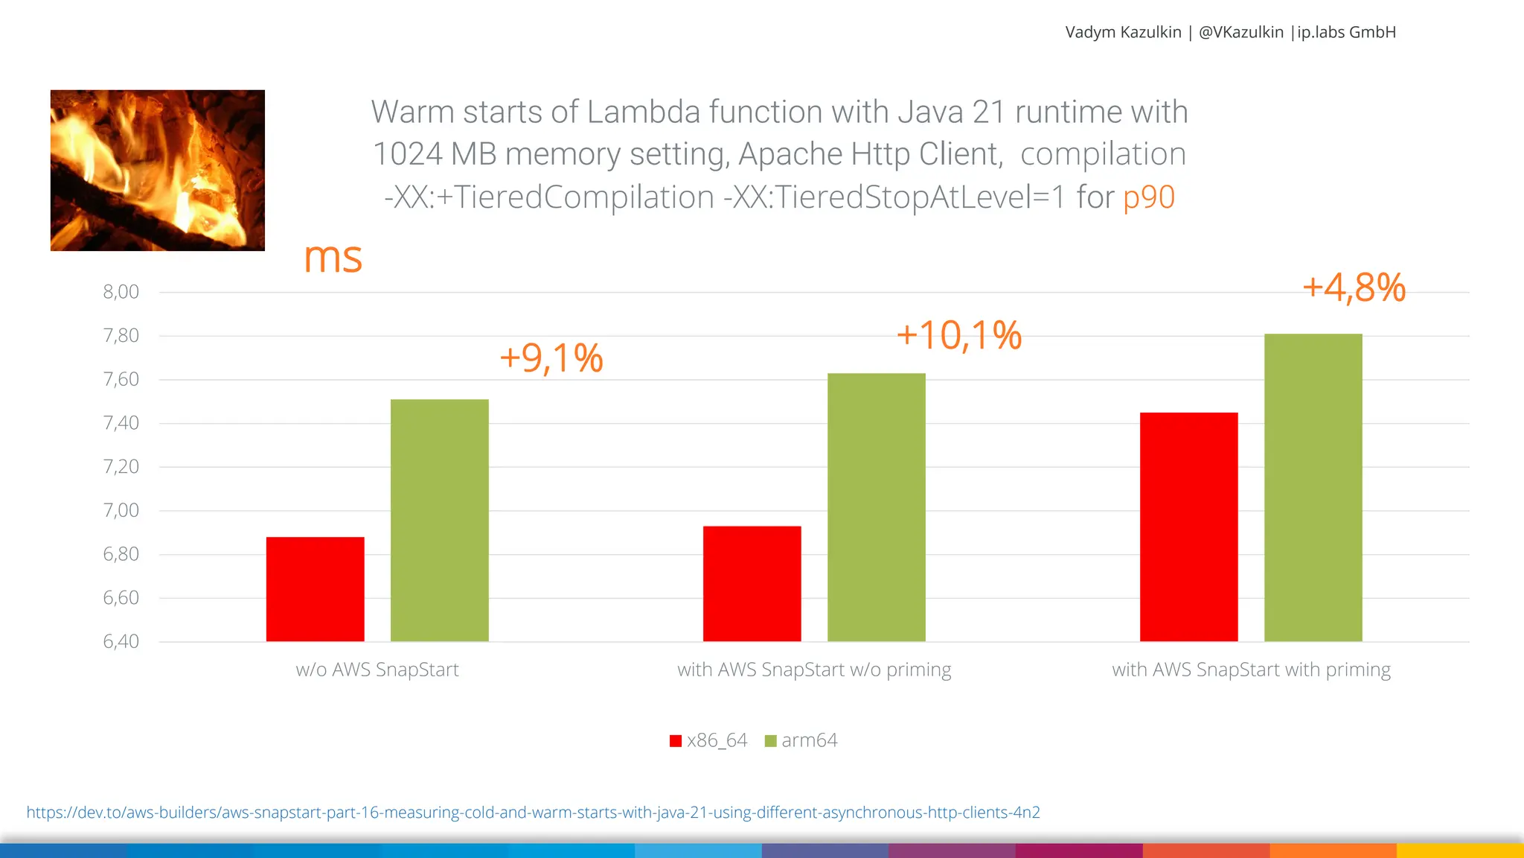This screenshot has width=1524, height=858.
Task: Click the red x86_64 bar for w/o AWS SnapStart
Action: pos(315,588)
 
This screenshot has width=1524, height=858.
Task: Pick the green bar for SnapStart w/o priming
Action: pos(876,506)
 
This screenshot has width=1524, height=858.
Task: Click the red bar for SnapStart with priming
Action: pos(1188,527)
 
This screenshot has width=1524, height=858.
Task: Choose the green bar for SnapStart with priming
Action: pos(1313,487)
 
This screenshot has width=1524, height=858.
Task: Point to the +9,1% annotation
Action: pos(551,358)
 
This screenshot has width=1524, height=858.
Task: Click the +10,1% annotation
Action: pos(958,335)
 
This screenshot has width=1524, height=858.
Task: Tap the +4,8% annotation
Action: pos(1354,287)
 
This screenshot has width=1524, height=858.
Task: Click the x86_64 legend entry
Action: pos(709,740)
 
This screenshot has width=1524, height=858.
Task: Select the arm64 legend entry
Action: pos(801,740)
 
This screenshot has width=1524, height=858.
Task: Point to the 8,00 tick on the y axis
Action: pos(121,292)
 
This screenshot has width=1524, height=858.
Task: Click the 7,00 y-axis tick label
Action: pos(121,510)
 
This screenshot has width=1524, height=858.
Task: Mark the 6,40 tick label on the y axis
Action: pos(121,641)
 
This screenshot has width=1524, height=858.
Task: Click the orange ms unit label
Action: pos(333,258)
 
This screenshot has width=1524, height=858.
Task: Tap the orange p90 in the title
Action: pos(1148,197)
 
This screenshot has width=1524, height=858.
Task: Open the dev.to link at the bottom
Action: pos(533,813)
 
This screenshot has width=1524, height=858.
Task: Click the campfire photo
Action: pos(157,171)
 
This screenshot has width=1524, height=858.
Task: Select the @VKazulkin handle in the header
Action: pos(1240,32)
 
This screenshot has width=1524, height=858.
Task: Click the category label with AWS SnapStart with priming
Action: pos(1251,670)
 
